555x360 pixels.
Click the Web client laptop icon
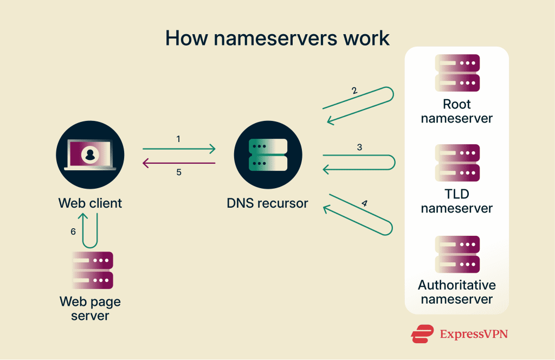coord(90,155)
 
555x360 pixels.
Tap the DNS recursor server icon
coord(268,155)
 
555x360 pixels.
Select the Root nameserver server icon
coord(457,73)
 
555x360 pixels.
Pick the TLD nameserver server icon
coord(457,163)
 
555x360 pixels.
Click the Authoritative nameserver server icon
coord(457,254)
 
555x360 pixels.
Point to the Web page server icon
coord(92,270)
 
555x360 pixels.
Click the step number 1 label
coord(178,139)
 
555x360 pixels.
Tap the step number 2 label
coord(354,91)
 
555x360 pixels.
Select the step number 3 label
coord(360,147)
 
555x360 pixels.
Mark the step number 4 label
coord(365,203)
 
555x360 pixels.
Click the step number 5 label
coord(179,172)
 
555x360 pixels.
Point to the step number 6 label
coord(73,232)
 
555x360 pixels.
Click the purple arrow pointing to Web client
coord(179,163)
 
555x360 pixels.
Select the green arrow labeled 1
coord(179,149)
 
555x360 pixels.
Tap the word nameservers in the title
coord(275,38)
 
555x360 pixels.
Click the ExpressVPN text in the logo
coord(474,334)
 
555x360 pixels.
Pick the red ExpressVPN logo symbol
coord(422,334)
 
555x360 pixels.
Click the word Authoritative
coord(457,285)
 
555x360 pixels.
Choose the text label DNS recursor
coord(268,203)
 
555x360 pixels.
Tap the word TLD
coord(457,194)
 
